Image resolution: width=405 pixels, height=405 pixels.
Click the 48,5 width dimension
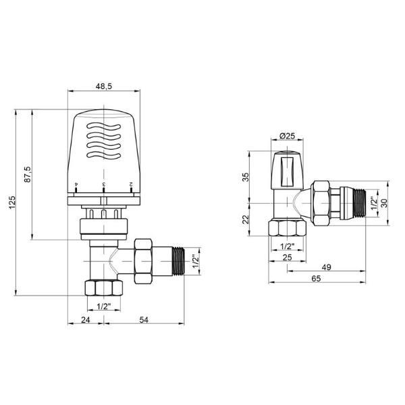point(104,86)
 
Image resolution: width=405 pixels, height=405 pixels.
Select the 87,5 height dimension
point(28,174)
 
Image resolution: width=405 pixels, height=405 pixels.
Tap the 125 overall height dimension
point(12,202)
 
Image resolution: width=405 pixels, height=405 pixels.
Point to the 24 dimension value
point(86,320)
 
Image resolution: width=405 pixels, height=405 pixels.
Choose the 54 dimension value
point(144,320)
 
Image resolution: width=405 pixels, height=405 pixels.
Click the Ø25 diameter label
point(287,136)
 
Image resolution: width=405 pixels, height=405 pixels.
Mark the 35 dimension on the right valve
point(246,177)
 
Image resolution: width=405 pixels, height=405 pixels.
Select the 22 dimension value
point(246,219)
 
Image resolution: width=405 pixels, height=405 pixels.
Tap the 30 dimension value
point(385,203)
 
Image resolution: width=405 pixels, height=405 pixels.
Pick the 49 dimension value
point(327,267)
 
